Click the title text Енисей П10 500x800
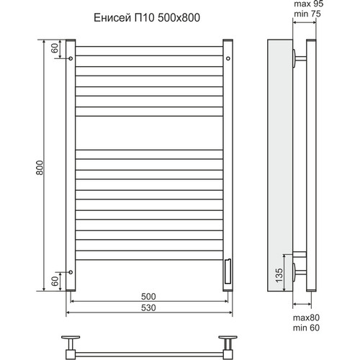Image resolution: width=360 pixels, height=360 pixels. (x=147, y=18)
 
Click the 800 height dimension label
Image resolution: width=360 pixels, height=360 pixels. (x=40, y=168)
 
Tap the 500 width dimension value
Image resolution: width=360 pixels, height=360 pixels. (x=148, y=297)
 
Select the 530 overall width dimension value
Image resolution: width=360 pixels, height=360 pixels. (x=148, y=307)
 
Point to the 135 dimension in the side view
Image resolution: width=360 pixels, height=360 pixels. (x=279, y=275)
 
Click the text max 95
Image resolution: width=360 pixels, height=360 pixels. (x=309, y=4)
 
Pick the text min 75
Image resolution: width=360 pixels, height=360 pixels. (x=307, y=14)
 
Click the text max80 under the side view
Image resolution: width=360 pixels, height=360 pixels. (x=306, y=318)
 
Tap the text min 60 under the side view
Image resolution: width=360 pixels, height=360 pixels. (x=306, y=328)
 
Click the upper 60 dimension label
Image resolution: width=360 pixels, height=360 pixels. (x=55, y=48)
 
